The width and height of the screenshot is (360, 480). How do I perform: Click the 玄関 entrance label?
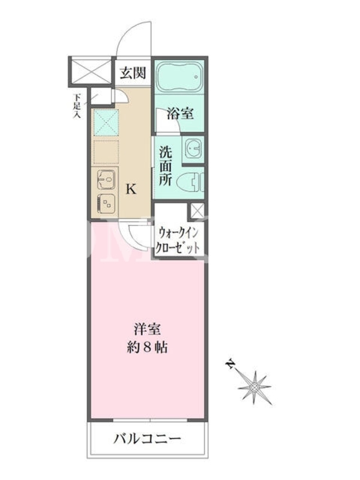[133, 73]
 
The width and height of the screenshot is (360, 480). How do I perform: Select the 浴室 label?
[180, 113]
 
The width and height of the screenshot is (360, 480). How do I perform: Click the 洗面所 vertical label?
[166, 166]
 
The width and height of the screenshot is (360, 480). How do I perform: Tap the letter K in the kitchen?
[131, 190]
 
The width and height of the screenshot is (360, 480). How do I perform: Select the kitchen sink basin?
[106, 179]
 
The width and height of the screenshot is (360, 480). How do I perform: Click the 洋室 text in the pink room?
[147, 329]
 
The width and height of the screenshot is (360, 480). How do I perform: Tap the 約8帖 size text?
[147, 347]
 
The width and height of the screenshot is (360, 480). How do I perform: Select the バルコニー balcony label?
[148, 439]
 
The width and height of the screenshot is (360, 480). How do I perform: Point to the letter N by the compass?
[229, 364]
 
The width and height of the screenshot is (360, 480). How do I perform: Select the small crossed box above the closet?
[197, 211]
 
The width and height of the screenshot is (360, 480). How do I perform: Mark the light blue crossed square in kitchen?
[106, 122]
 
